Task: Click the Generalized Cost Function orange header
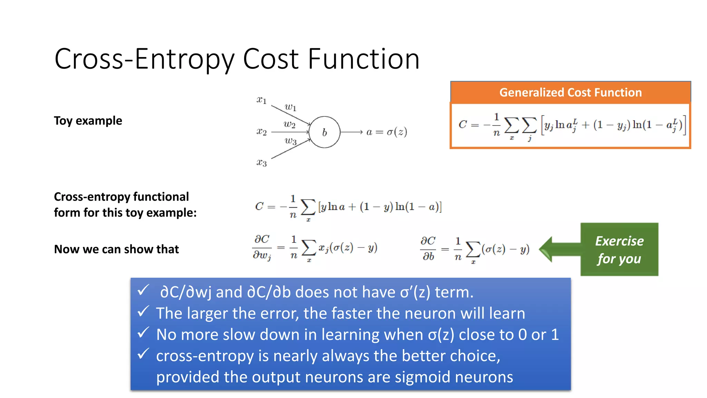(570, 92)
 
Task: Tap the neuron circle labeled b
(324, 132)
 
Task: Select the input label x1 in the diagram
(261, 100)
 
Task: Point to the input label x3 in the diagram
(261, 162)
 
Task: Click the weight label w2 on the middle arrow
(289, 124)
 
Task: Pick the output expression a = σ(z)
(387, 132)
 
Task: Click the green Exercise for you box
(619, 249)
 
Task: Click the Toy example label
(88, 121)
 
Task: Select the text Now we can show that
(116, 249)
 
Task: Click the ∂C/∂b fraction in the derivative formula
(428, 248)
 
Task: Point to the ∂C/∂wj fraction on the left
(262, 247)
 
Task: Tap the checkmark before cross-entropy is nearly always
(143, 354)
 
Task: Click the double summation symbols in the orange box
(520, 125)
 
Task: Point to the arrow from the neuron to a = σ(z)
(351, 132)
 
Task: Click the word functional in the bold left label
(161, 197)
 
